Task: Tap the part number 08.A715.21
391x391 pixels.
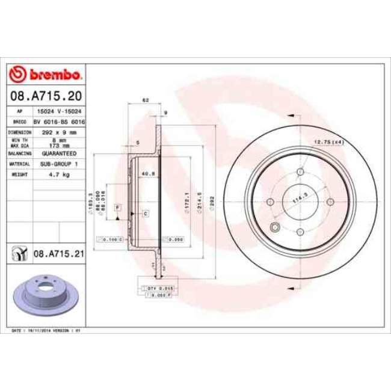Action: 58,255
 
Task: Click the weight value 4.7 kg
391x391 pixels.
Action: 58,174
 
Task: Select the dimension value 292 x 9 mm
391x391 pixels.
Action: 58,132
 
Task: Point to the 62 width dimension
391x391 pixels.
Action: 146,100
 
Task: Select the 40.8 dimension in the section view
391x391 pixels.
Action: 146,174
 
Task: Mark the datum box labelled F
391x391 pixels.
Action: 117,208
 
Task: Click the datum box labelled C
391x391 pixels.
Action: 146,213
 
